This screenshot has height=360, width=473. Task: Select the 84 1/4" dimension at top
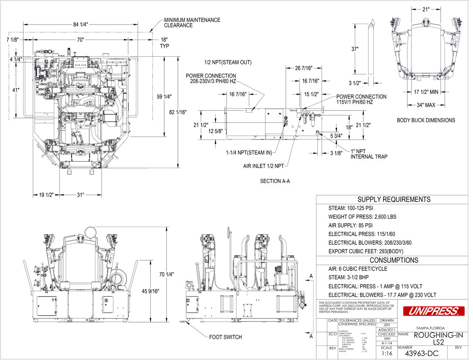80,25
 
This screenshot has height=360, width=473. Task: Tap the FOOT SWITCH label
226,337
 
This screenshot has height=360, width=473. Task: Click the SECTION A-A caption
275,181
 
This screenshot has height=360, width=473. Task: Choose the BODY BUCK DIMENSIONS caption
426,120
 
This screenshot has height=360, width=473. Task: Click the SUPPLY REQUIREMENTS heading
394,200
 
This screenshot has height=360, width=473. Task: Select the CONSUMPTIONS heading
394,260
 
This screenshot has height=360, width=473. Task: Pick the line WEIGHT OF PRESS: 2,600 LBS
362,217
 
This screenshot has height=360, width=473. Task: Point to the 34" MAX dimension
425,105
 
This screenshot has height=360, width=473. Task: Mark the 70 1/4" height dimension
166,274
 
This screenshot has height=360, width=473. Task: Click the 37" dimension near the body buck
355,49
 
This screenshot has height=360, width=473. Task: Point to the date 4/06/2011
387,329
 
